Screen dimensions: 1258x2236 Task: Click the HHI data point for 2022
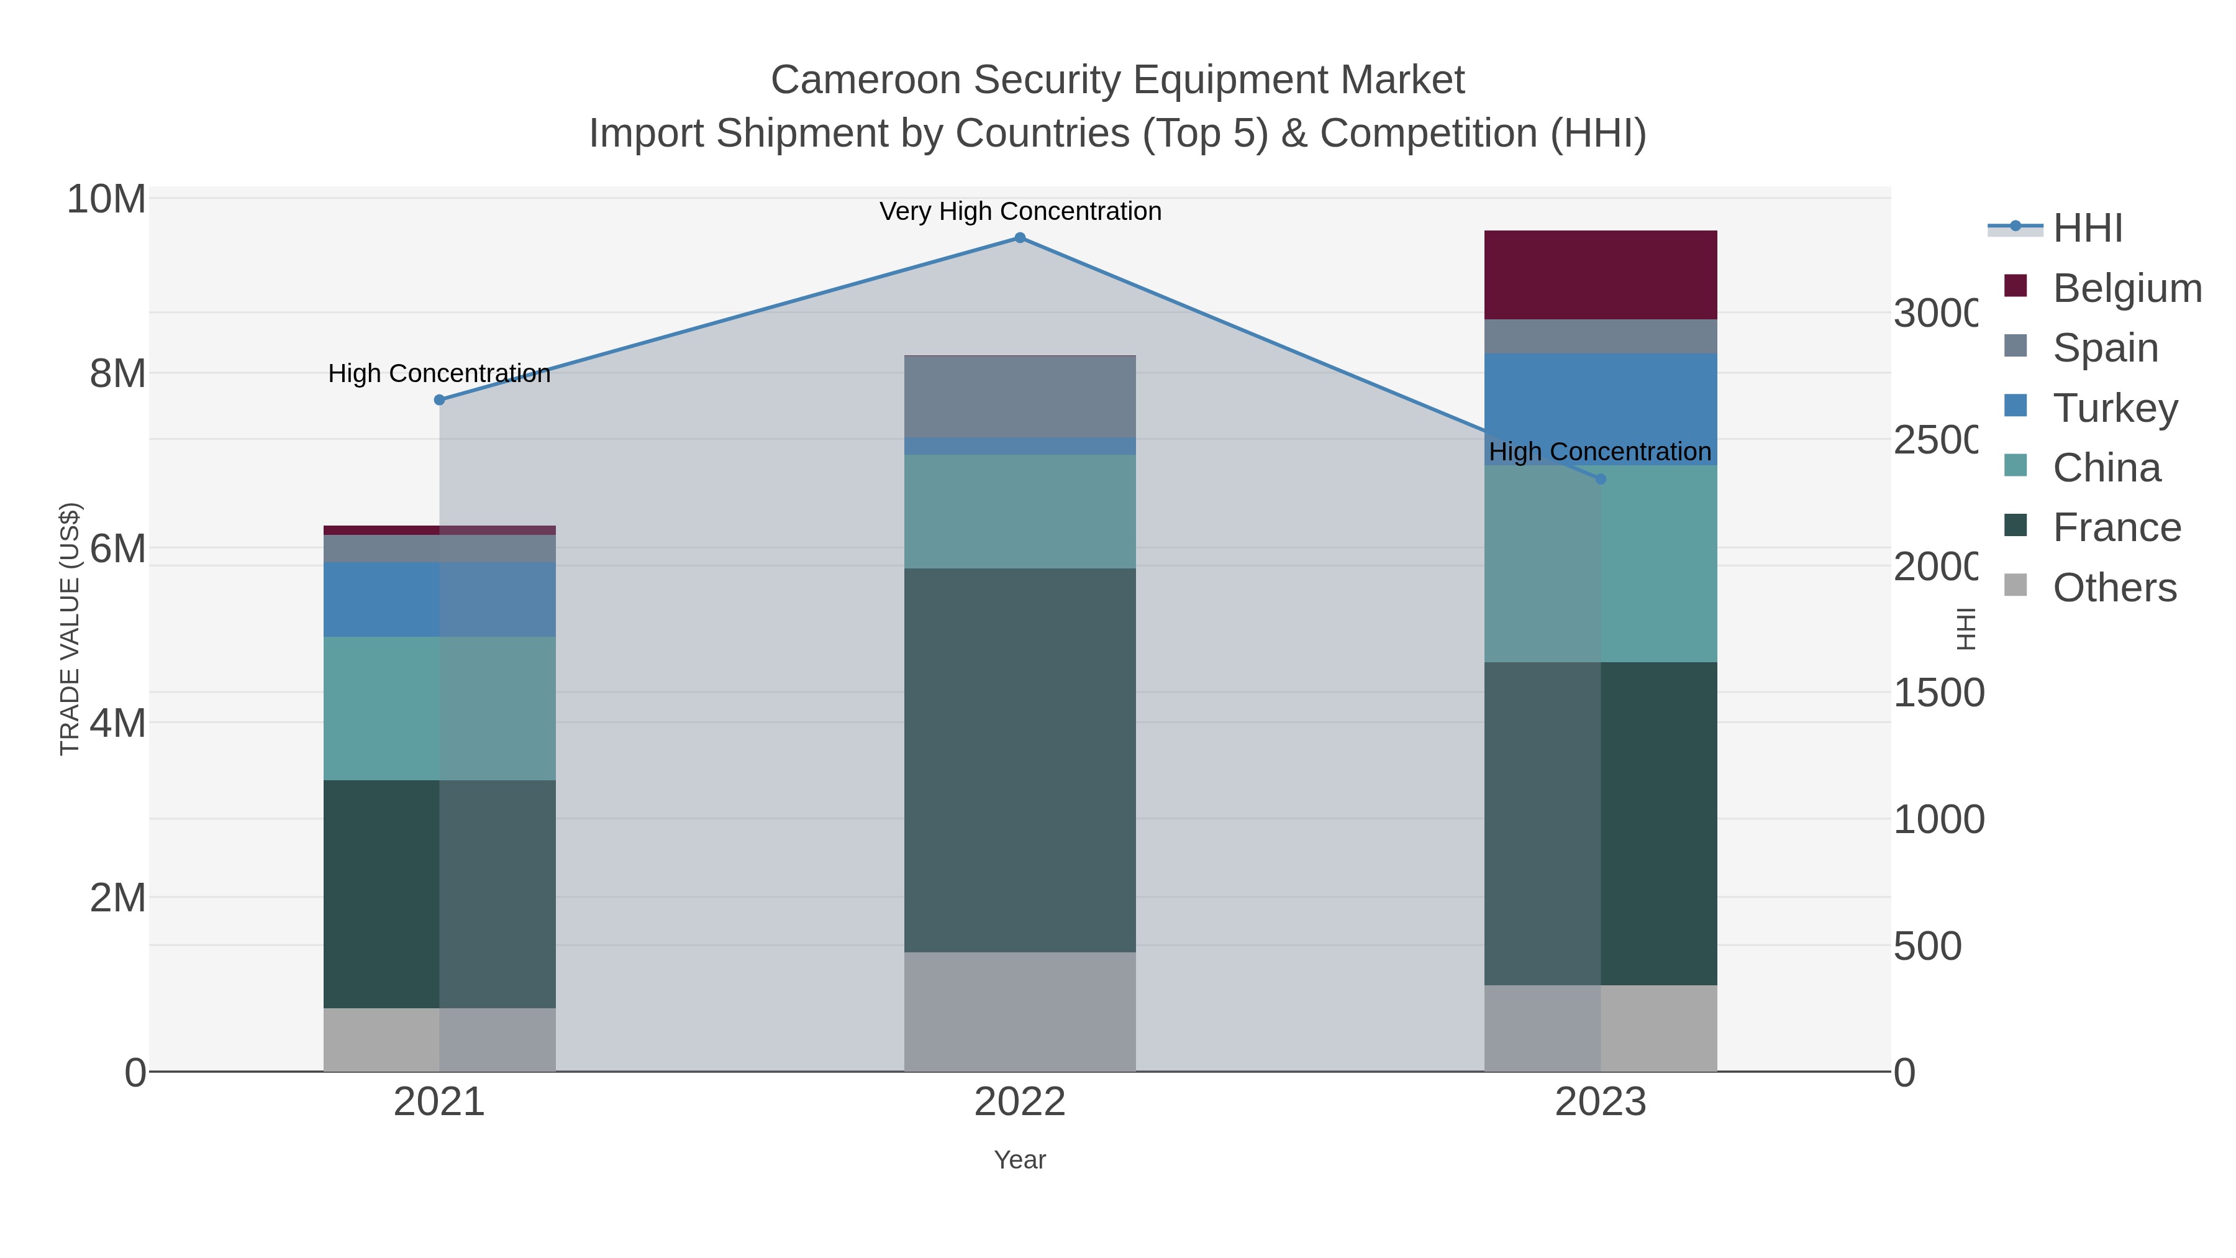(x=1020, y=238)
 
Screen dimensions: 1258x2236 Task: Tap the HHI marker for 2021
(x=439, y=400)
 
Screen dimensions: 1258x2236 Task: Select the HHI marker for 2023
(x=1601, y=479)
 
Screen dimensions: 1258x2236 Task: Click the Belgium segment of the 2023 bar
(x=1601, y=275)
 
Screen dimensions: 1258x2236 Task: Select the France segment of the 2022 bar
(x=1020, y=760)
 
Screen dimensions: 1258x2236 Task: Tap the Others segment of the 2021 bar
(x=439, y=1039)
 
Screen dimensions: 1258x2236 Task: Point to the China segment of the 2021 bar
(x=439, y=708)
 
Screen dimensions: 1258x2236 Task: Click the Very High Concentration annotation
(x=1020, y=212)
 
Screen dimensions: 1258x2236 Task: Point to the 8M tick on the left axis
(x=117, y=374)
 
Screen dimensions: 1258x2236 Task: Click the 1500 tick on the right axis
(x=1937, y=693)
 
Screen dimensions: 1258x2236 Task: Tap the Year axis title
(x=1020, y=1160)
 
